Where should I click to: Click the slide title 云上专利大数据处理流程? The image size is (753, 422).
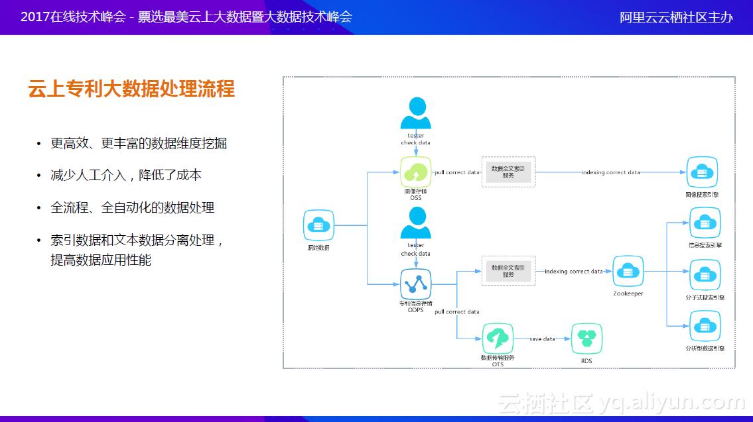coord(131,89)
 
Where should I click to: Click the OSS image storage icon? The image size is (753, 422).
coord(416,172)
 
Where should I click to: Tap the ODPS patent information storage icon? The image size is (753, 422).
coord(416,284)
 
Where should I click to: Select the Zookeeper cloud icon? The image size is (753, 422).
coord(628,271)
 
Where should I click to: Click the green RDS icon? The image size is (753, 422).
coord(586,339)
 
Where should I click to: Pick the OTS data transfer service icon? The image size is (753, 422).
coord(497,339)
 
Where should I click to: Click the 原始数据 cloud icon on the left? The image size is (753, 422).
coord(318,226)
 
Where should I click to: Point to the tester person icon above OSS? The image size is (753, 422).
coord(416,113)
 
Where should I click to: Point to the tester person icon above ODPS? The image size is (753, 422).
coord(416,223)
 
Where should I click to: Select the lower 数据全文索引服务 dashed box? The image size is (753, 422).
coord(508,271)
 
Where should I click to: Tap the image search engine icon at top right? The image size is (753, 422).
coord(702,172)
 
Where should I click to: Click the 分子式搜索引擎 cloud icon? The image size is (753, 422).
coord(705,275)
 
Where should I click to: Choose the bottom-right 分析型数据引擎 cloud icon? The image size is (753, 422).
coord(705,326)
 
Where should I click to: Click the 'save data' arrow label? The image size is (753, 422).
coord(542,339)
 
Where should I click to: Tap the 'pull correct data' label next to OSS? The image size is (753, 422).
coord(456,172)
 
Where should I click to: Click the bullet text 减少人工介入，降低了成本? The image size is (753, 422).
coord(126,176)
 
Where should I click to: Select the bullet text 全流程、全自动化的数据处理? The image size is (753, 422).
coord(133,207)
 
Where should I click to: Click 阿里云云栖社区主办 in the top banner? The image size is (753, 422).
coord(676,17)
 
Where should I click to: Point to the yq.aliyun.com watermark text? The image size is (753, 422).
coord(671,401)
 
